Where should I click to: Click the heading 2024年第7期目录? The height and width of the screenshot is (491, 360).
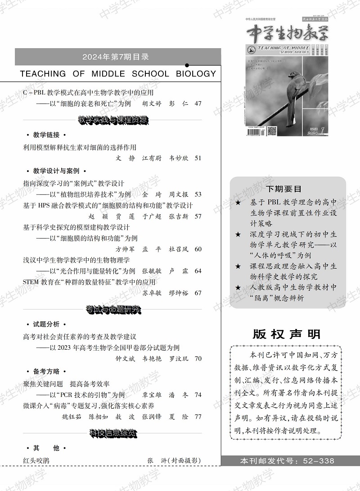[x=116, y=57]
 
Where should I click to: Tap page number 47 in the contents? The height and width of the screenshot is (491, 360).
[x=198, y=104]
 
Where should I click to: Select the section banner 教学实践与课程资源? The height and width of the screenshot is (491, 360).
[x=113, y=120]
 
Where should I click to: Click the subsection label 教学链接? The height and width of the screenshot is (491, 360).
[x=46, y=135]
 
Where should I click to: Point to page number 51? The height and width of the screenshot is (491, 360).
[x=198, y=158]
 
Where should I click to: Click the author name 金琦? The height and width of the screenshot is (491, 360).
[x=151, y=194]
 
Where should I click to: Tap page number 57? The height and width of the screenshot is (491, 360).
[x=198, y=216]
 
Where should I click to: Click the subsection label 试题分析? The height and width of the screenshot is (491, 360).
[x=46, y=324]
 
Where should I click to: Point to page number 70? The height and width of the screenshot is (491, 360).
[x=198, y=359]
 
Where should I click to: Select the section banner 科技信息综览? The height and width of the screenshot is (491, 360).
[x=113, y=433]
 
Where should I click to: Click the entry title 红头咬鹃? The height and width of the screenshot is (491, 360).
[x=36, y=460]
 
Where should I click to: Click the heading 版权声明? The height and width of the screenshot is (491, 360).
[x=287, y=334]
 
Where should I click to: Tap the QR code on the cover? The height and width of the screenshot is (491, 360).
[x=272, y=131]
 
